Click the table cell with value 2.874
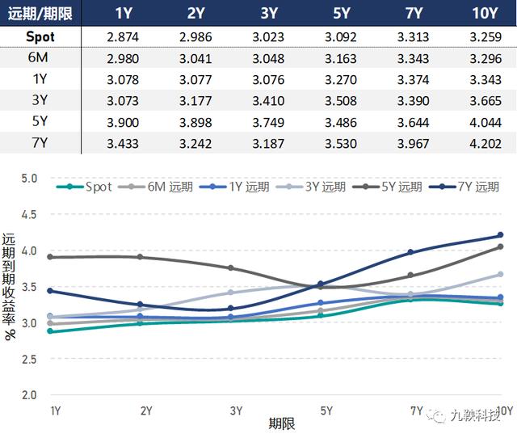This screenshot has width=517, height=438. (123, 36)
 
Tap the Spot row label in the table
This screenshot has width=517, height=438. (40, 36)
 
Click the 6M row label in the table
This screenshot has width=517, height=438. (40, 57)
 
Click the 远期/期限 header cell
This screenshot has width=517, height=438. (40, 13)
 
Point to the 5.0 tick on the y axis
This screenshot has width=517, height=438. (30, 178)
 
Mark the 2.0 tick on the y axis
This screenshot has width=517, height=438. (30, 395)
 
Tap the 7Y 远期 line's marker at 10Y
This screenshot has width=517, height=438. (500, 236)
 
